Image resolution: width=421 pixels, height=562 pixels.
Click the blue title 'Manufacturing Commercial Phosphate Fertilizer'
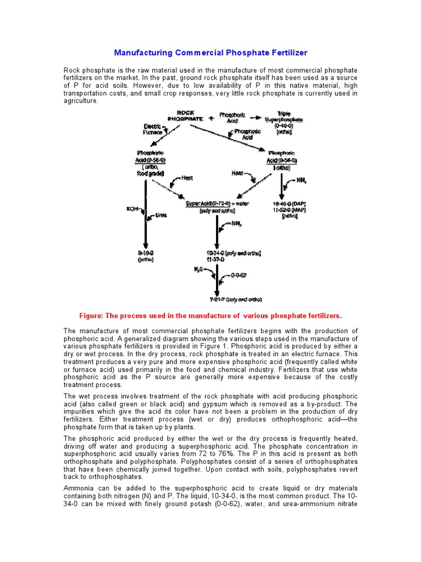coord(210,53)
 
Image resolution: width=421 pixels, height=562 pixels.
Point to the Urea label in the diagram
coord(160,216)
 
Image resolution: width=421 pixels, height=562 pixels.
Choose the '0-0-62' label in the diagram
coord(237,276)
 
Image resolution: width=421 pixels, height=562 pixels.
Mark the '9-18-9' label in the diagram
coord(145,253)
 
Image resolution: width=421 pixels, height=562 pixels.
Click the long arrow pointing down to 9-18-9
coord(145,214)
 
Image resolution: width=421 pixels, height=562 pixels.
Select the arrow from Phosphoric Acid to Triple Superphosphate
coord(254,118)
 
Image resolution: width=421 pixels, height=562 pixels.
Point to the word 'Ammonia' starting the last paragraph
coord(79,488)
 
